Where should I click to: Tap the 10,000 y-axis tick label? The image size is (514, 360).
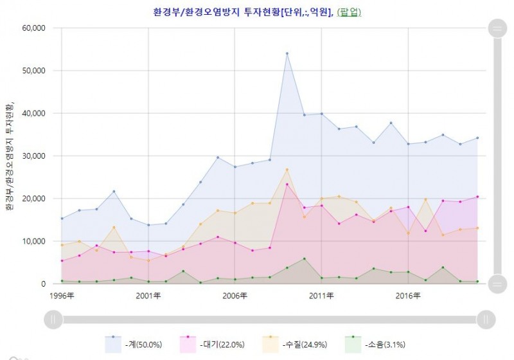point(33,241)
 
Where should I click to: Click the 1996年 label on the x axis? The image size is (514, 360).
point(62,296)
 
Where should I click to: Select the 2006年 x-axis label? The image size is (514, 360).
point(235,296)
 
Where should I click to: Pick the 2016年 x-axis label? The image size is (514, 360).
point(407,296)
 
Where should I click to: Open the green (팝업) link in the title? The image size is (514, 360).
point(350,12)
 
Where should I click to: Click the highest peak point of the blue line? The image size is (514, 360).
point(287,53)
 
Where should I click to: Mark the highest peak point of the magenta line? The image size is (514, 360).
point(287,184)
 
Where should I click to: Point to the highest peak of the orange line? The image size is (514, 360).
point(287,169)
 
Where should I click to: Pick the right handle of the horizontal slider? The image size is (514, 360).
point(486,319)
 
